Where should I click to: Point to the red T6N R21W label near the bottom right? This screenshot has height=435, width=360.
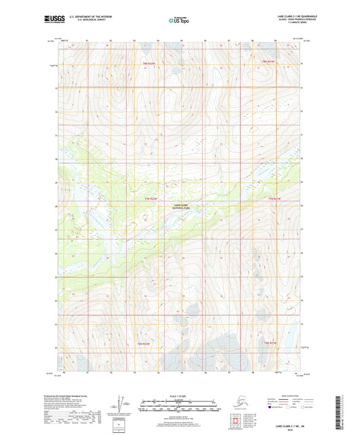(x=272, y=345)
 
